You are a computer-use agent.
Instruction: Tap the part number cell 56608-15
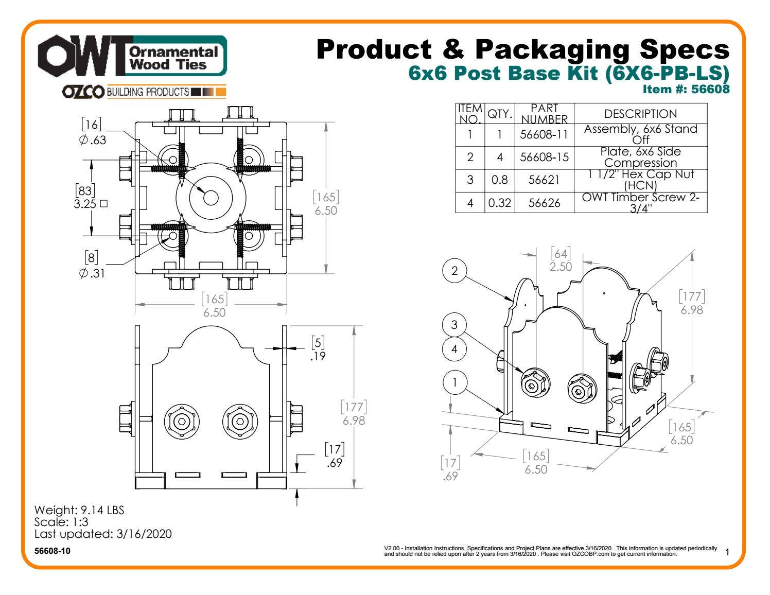tap(544, 157)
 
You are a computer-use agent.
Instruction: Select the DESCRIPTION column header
tap(640, 114)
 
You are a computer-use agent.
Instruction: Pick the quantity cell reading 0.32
tap(499, 203)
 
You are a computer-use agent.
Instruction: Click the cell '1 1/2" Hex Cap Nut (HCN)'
tap(640, 180)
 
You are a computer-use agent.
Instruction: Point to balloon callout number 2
tap(454, 271)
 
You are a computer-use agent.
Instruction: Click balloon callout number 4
tap(454, 349)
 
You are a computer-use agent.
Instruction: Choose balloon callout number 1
tap(454, 382)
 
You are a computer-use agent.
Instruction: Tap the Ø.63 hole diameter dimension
tap(93, 133)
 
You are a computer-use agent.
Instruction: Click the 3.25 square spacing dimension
tap(91, 197)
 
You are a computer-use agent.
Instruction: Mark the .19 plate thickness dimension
tap(318, 349)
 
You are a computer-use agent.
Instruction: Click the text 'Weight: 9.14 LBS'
tap(79, 510)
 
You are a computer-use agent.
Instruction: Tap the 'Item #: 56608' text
tap(686, 89)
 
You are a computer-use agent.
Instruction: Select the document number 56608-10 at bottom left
tap(52, 551)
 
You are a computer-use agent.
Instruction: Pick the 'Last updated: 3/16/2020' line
tap(103, 534)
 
